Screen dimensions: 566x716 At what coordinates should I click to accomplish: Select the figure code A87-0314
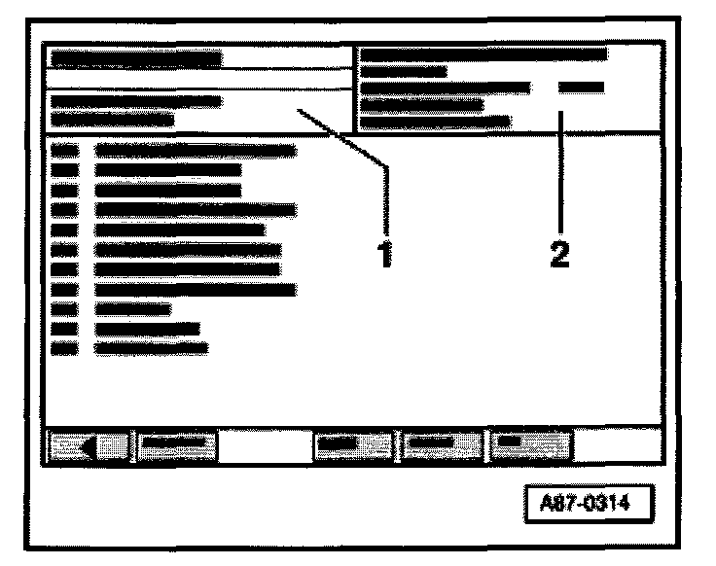tap(586, 505)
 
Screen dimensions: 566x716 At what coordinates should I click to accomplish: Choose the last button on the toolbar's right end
tap(529, 445)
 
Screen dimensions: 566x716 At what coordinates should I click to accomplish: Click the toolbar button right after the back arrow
tap(176, 445)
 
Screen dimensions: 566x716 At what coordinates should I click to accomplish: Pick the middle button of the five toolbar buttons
tap(352, 445)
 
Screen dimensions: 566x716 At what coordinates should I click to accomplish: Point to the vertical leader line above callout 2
tap(561, 175)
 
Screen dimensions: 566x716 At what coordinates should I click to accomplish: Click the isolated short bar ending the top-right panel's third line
tap(582, 88)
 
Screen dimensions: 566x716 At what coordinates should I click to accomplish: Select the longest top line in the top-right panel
tap(483, 54)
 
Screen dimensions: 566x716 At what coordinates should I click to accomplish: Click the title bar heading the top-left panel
tap(136, 57)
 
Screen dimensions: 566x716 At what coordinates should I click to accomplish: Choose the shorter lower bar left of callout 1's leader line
tap(113, 120)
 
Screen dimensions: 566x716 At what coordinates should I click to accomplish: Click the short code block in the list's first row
tap(64, 150)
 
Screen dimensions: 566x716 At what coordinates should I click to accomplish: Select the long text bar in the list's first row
tap(196, 150)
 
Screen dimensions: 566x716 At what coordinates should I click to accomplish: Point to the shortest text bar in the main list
tap(133, 309)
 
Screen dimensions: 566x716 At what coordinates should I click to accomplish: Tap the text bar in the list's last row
tap(152, 347)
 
